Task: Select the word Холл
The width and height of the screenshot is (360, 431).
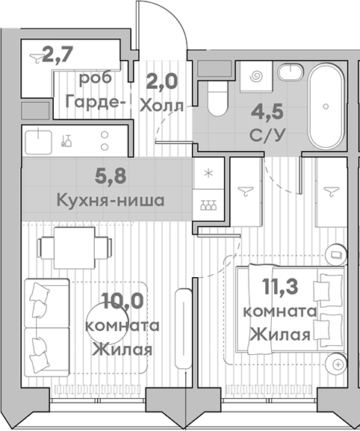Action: [x=161, y=104]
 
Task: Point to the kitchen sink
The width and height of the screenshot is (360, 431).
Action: [x=36, y=138]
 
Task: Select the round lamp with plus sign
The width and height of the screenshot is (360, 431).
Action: [x=339, y=364]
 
